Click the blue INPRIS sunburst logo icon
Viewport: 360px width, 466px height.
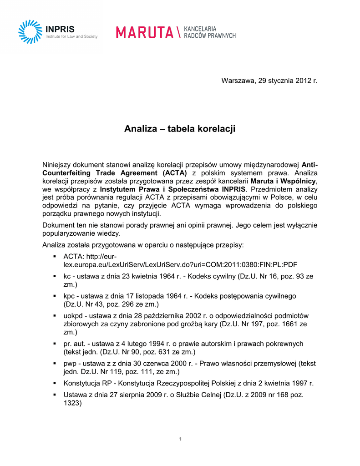coord(30,31)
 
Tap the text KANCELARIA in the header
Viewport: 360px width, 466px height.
coord(200,29)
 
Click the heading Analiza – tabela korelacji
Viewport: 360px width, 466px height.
coord(180,129)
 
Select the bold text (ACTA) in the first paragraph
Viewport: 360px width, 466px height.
coord(174,173)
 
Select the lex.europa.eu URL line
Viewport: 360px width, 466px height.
coord(180,264)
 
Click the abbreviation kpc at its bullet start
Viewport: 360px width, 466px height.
coord(69,296)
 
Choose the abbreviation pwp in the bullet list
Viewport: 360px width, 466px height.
coord(70,363)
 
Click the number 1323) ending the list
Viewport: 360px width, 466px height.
coord(72,403)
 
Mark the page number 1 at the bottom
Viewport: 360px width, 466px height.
coord(180,439)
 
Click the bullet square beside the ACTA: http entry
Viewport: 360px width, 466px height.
coord(55,257)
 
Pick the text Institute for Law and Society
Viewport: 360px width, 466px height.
coord(71,37)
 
